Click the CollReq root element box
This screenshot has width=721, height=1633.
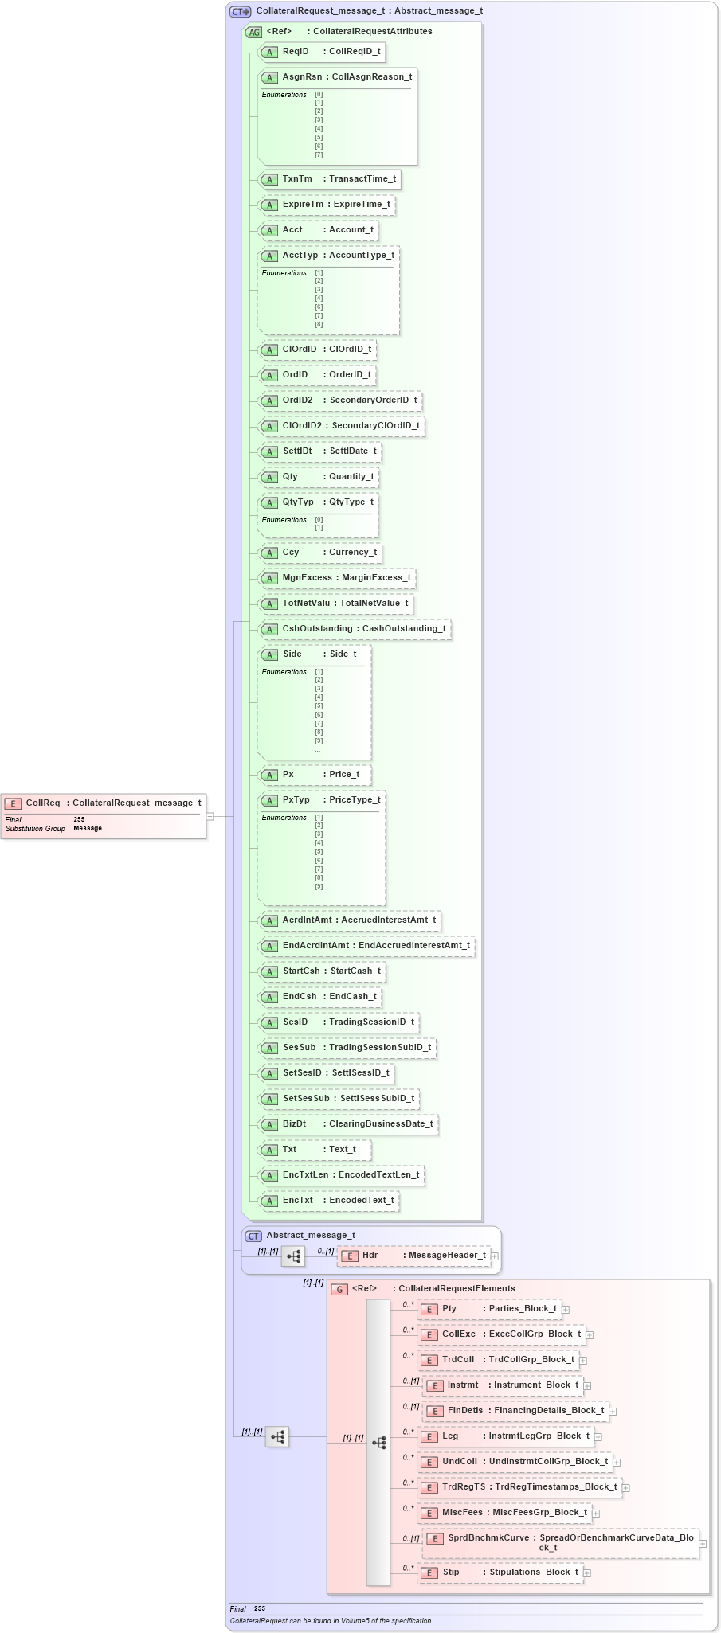pyautogui.click(x=104, y=803)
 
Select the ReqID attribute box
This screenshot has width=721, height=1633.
pyautogui.click(x=322, y=52)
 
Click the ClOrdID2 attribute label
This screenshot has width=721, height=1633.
pyautogui.click(x=303, y=426)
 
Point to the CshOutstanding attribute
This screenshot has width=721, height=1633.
pyautogui.click(x=355, y=629)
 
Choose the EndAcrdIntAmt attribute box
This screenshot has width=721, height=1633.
pyautogui.click(x=367, y=946)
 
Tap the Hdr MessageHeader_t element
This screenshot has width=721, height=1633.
pyautogui.click(x=414, y=1256)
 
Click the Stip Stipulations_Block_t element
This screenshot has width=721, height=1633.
pyautogui.click(x=501, y=1572)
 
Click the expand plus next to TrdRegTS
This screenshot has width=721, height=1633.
pyautogui.click(x=626, y=1487)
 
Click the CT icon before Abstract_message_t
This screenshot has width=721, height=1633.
pyautogui.click(x=253, y=1236)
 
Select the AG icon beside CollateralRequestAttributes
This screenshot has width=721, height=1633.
pyautogui.click(x=253, y=32)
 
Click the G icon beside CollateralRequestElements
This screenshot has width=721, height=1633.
pyautogui.click(x=339, y=1289)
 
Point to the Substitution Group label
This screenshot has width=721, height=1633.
pyautogui.click(x=35, y=829)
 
